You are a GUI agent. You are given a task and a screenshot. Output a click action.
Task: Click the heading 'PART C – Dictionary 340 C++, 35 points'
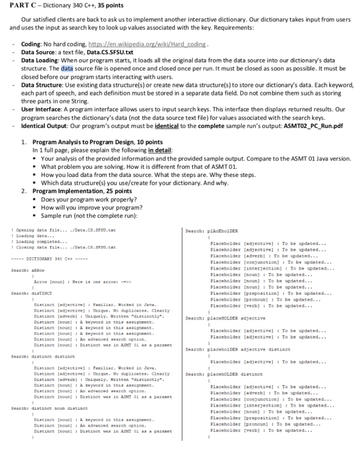66,5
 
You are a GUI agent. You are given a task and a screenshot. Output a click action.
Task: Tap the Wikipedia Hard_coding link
147,44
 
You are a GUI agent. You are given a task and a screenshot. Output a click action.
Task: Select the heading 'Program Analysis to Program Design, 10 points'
97,142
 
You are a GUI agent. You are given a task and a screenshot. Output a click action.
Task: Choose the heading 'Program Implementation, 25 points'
82,191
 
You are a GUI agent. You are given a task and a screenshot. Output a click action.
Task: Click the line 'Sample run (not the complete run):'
89,216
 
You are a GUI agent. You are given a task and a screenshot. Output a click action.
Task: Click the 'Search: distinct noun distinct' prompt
49,408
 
